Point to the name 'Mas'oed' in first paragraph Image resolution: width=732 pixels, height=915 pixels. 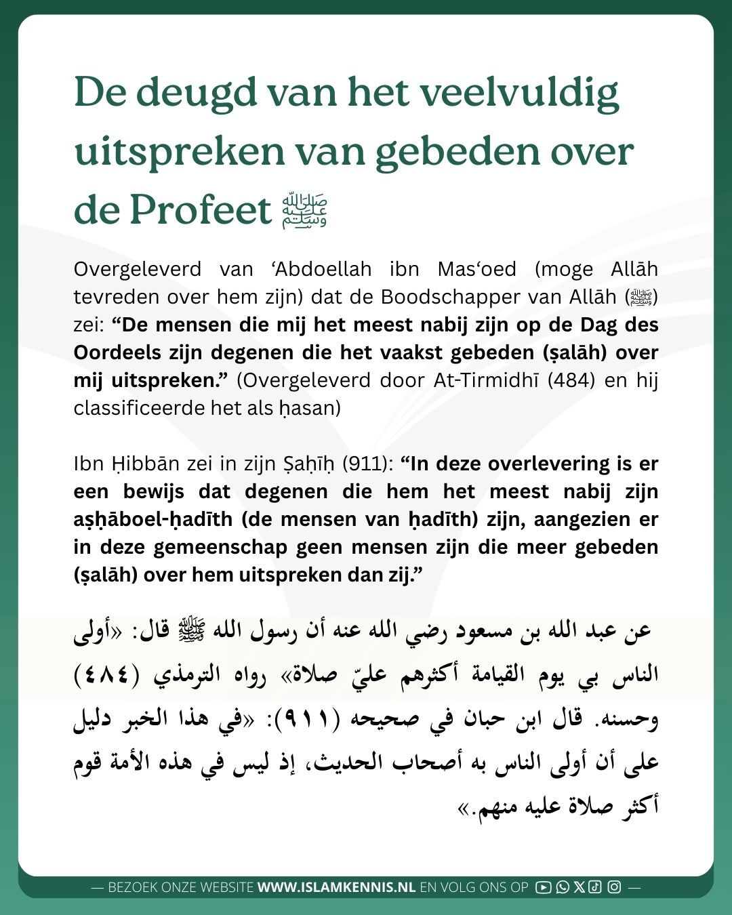476,269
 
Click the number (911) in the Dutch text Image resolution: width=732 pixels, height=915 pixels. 367,464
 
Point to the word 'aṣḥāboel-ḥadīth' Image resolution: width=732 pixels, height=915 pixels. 152,519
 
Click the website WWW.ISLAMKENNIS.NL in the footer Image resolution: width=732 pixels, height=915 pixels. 336,887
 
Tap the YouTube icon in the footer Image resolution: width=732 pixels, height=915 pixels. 543,887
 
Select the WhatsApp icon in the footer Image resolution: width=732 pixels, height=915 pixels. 562,887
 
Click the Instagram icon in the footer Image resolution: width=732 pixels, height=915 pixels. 614,887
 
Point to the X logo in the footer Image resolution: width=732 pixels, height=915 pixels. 578,887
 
